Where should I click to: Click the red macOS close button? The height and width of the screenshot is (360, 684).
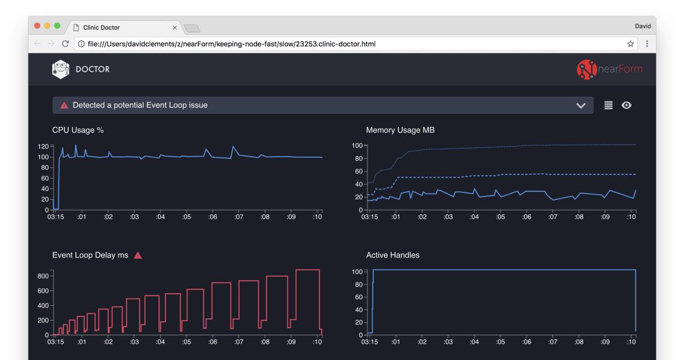(38, 27)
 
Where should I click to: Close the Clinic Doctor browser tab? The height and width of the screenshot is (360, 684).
(174, 27)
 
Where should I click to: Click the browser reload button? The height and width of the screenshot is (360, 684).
(66, 44)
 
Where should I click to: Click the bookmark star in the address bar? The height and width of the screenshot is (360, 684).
(630, 44)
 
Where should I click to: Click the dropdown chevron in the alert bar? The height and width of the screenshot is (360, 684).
(581, 105)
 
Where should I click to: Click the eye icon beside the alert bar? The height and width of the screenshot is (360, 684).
(626, 105)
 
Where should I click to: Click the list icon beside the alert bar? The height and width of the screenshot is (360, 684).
(608, 105)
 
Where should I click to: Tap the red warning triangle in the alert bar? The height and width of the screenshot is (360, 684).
(64, 105)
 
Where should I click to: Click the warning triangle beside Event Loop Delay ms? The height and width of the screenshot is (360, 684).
(137, 255)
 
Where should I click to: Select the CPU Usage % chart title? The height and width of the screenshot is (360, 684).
(78, 130)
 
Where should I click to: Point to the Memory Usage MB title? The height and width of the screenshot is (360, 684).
(400, 130)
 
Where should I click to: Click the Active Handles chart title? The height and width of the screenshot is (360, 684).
(393, 255)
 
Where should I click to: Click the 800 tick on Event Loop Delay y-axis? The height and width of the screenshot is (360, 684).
(43, 276)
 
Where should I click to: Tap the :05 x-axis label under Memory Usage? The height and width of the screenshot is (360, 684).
(500, 217)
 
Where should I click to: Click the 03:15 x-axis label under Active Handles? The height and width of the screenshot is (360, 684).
(369, 342)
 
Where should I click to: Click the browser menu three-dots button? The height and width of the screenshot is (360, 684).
(647, 44)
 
